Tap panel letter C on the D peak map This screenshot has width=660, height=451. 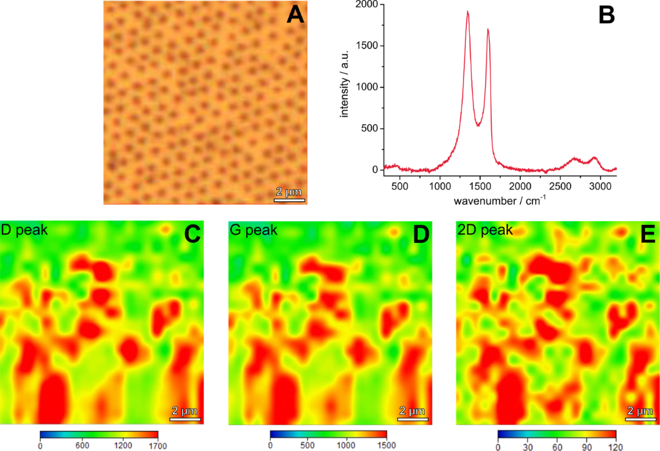192,235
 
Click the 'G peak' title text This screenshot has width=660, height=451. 254,229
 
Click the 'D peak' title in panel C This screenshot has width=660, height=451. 24,229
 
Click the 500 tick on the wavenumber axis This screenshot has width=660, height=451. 400,187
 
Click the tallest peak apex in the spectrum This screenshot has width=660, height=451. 467,12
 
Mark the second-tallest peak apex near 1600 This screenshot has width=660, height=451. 488,29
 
